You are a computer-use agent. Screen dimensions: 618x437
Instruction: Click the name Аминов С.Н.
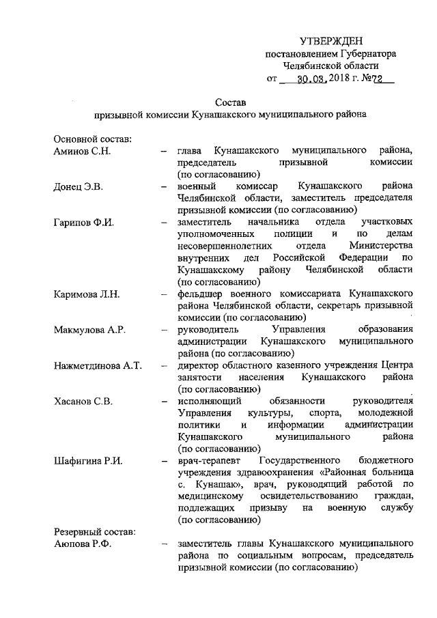point(82,150)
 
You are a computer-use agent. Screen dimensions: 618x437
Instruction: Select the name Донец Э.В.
point(77,186)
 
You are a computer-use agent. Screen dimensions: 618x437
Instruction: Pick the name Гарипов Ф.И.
point(84,223)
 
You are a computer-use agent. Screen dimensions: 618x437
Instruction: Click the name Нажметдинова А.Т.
point(98,366)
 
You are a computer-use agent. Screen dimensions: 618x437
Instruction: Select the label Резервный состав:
point(95,532)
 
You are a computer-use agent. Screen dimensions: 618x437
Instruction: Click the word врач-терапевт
point(208,461)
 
